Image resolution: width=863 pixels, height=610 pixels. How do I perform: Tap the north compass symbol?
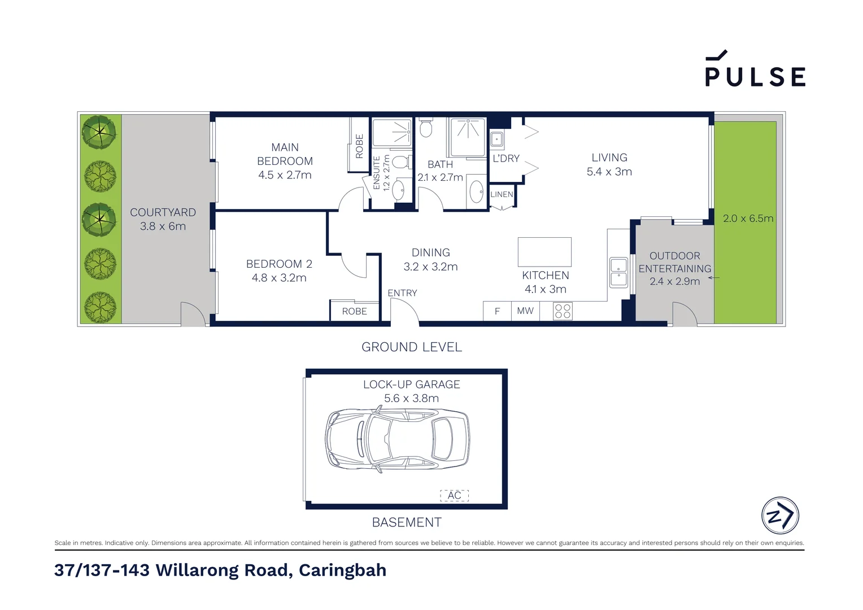pyautogui.click(x=780, y=515)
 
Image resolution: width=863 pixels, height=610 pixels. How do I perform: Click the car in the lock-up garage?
pyautogui.click(x=397, y=440)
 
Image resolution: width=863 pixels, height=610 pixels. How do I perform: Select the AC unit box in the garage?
pyautogui.click(x=454, y=495)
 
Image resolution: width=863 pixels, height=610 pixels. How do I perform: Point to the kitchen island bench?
pyautogui.click(x=544, y=252)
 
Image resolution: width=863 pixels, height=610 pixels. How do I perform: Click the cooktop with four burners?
pyautogui.click(x=563, y=311)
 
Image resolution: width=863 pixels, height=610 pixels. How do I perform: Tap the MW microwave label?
pyautogui.click(x=525, y=311)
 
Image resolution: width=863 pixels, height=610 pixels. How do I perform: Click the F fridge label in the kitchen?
pyautogui.click(x=497, y=311)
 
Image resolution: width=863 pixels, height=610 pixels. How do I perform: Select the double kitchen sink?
pyautogui.click(x=618, y=272)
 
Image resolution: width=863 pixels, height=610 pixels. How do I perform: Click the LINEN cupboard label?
pyautogui.click(x=502, y=194)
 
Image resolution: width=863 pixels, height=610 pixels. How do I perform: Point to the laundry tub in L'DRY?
pyautogui.click(x=496, y=139)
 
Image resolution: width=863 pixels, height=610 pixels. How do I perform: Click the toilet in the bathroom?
pyautogui.click(x=425, y=128)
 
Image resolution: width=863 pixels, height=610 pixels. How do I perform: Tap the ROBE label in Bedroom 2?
pyautogui.click(x=355, y=311)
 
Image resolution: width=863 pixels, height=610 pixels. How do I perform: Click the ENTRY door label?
pyautogui.click(x=402, y=293)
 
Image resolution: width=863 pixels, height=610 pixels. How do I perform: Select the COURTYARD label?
pyautogui.click(x=163, y=212)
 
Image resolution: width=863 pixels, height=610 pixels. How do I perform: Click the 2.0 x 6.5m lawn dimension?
pyautogui.click(x=748, y=219)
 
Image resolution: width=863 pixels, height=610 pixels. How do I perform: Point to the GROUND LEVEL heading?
pyautogui.click(x=412, y=347)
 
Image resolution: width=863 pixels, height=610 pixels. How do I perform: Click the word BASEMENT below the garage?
pyautogui.click(x=407, y=522)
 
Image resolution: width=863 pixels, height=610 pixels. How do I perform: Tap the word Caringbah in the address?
pyautogui.click(x=342, y=570)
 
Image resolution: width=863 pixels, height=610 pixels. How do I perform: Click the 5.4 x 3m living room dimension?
pyautogui.click(x=609, y=172)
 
